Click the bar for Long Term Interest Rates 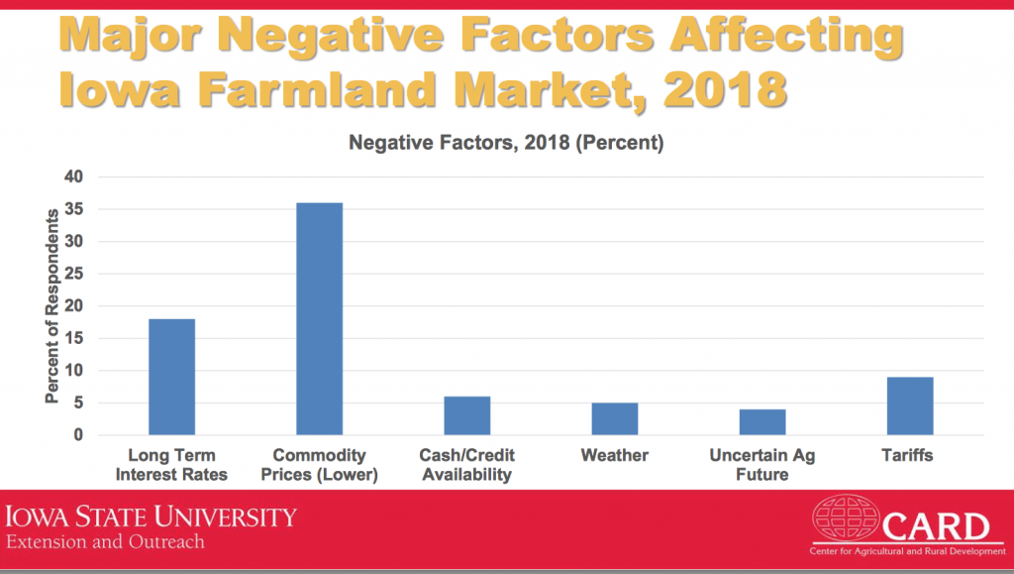(171, 377)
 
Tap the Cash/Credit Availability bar (466, 415)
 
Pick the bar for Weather (614, 419)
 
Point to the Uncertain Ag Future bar (762, 422)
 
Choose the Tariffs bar (910, 406)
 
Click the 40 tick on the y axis (74, 177)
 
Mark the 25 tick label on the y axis (74, 275)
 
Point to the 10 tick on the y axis (74, 371)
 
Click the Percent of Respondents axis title (51, 306)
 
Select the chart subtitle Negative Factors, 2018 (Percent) (505, 143)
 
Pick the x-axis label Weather (614, 456)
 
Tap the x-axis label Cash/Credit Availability (466, 465)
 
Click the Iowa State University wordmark (152, 517)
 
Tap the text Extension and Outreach (105, 542)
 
